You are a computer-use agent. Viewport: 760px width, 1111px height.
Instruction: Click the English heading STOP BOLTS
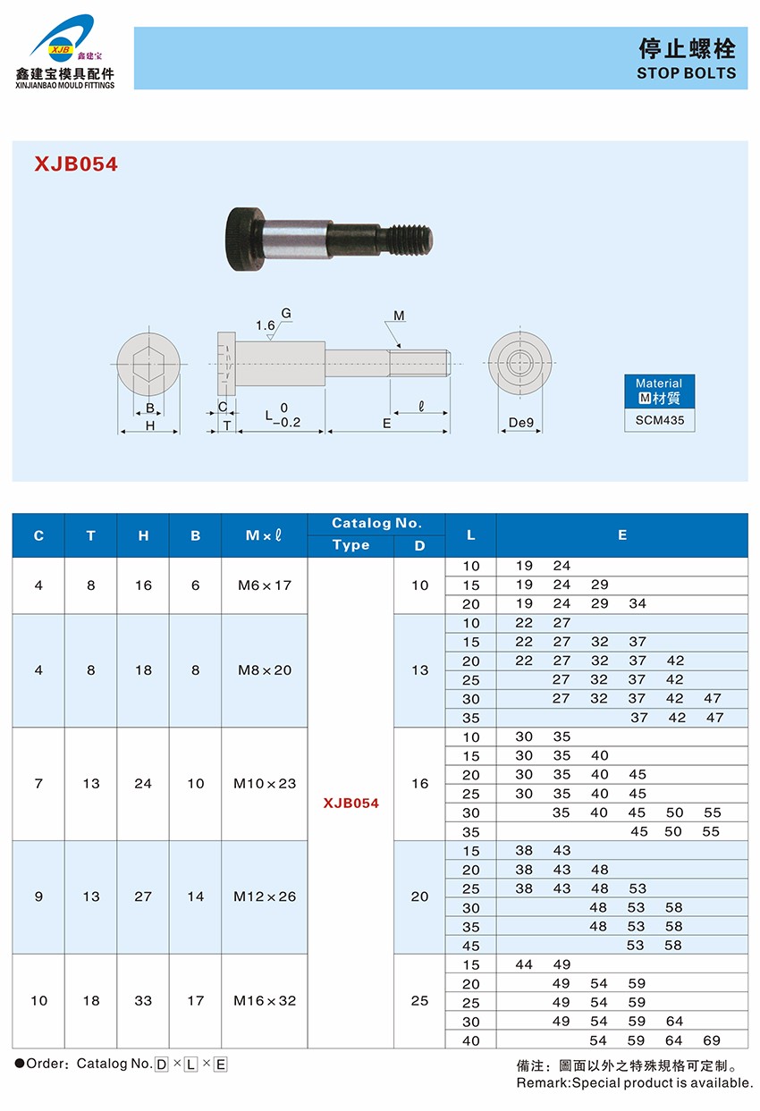coord(686,73)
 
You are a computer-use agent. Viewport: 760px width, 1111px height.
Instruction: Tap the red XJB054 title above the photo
coord(76,164)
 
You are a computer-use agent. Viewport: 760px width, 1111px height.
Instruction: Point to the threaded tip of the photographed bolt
coord(415,239)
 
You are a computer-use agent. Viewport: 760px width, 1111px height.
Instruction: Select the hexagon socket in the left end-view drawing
coord(149,365)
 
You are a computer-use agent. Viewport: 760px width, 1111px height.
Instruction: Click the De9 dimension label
coord(520,422)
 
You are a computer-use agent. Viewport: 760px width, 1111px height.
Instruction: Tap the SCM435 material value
coord(659,420)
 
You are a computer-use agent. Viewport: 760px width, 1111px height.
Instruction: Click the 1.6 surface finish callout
coord(265,325)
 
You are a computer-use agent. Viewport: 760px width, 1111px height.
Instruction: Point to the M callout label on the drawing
coord(399,316)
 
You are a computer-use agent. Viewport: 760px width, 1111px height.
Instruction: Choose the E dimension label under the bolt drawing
coord(387,424)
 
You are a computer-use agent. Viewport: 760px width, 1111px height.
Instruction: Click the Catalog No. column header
coord(376,524)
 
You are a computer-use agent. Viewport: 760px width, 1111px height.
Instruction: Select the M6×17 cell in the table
coord(264,585)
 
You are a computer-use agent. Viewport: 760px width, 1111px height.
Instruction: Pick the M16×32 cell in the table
coord(264,1001)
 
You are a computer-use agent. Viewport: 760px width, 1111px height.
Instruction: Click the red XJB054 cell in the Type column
coord(350,803)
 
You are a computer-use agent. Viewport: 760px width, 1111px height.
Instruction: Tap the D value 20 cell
coord(419,896)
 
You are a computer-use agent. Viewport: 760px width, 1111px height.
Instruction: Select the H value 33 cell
coord(143,1001)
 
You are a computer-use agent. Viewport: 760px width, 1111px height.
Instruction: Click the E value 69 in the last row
coord(712,1040)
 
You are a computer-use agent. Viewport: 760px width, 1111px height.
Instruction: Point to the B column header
coord(195,535)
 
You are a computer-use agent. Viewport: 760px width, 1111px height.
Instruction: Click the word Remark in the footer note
coord(542,1083)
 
